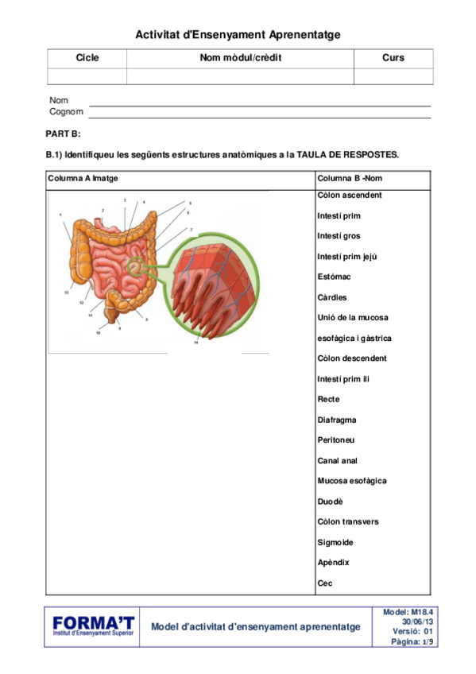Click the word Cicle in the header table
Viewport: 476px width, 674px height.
[x=87, y=58]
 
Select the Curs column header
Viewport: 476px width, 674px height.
[x=393, y=58]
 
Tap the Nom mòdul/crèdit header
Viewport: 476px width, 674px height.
[x=240, y=58]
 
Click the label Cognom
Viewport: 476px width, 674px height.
[x=66, y=112]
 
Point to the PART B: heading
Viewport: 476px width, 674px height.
[x=64, y=134]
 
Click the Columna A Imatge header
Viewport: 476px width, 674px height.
[x=83, y=178]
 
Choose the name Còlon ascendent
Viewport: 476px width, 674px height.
[x=350, y=196]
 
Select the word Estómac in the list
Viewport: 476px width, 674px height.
[x=334, y=277]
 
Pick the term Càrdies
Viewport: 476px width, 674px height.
[x=333, y=297]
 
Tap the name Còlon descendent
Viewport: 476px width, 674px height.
[x=352, y=358]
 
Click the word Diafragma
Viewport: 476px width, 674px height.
[x=336, y=420]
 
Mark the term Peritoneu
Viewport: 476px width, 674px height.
[x=336, y=440]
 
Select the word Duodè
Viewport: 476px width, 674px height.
[x=330, y=502]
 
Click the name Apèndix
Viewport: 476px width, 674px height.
[x=333, y=563]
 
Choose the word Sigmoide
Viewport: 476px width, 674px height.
[x=335, y=542]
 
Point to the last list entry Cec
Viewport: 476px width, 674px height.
[x=324, y=583]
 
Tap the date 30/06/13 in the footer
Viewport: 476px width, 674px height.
[x=418, y=621]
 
